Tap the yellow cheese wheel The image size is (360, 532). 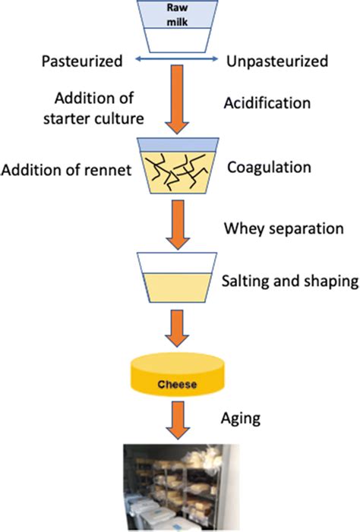tap(179, 377)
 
